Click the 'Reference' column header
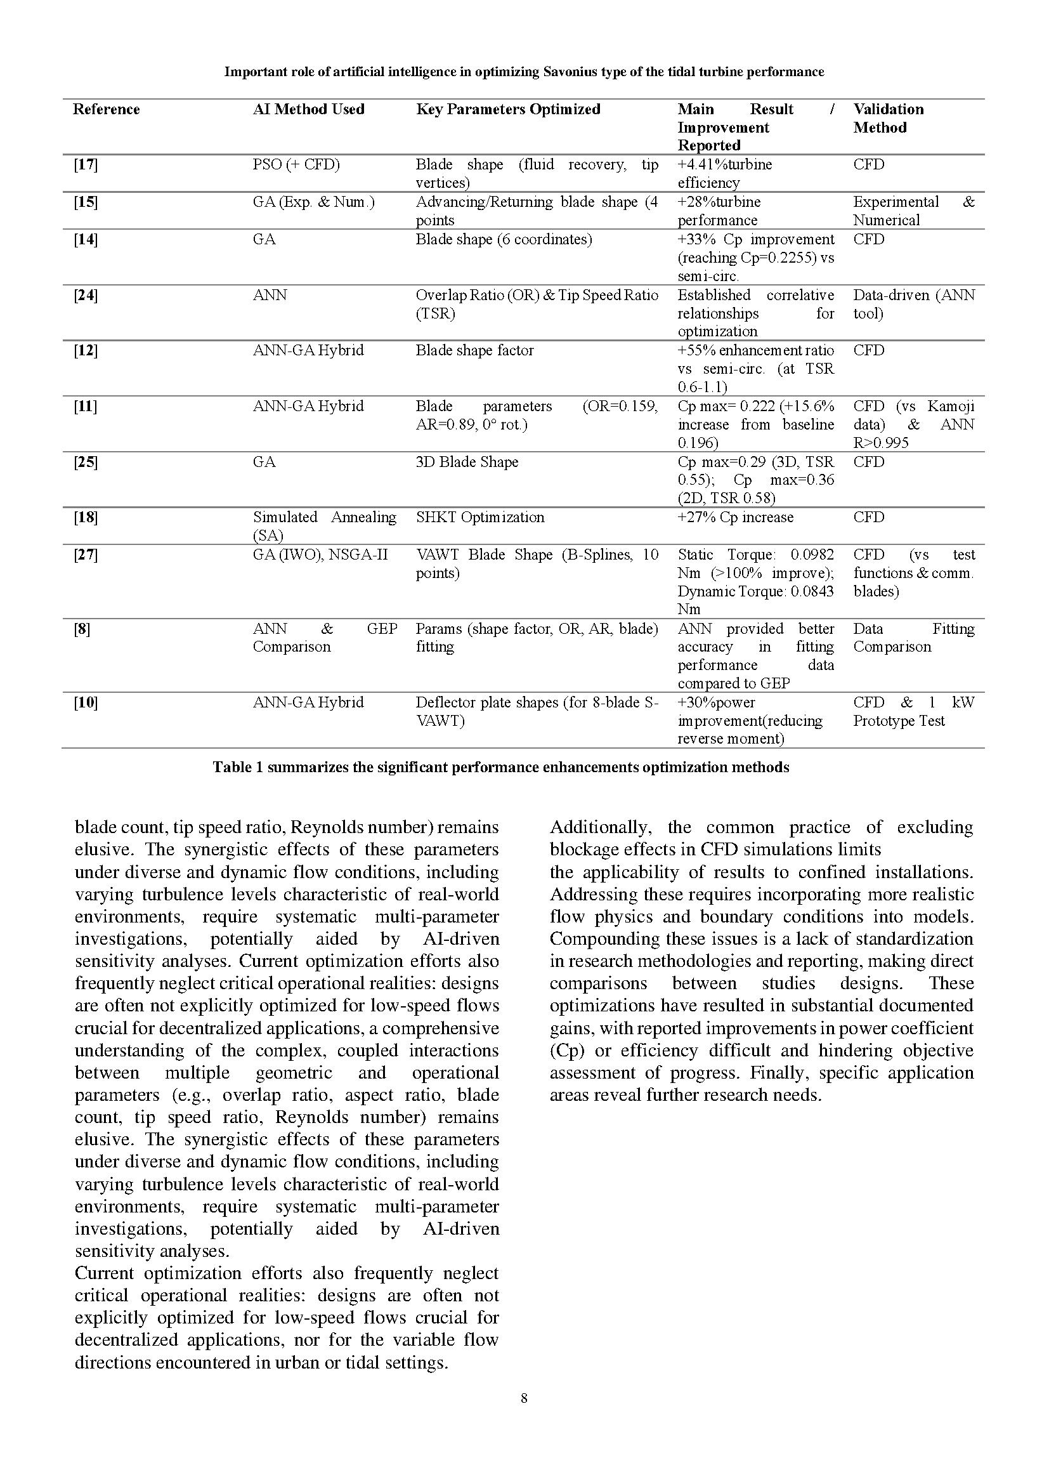point(106,109)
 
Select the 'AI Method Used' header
point(308,109)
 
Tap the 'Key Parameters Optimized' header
point(508,109)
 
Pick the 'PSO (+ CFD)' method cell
point(296,165)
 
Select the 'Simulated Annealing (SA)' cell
point(324,525)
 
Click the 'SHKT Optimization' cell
point(479,517)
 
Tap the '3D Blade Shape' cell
point(466,462)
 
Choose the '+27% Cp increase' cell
point(735,517)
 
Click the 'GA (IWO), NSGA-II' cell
point(320,555)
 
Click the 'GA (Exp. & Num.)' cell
point(313,202)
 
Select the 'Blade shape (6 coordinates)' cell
point(503,240)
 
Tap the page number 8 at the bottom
point(524,1399)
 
